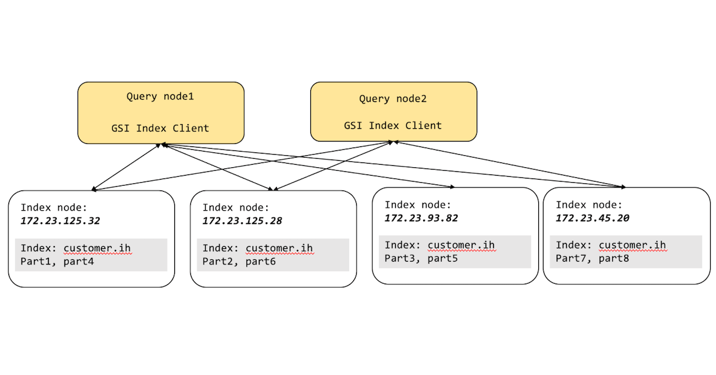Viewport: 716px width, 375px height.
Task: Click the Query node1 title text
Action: pos(160,96)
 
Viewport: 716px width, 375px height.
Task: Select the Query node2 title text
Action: pos(393,99)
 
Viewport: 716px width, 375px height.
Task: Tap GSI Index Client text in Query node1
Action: pos(160,128)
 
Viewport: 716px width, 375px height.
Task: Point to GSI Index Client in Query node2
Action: pos(393,125)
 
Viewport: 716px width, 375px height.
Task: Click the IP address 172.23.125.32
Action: pos(60,221)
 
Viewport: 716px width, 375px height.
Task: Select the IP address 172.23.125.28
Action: pos(242,221)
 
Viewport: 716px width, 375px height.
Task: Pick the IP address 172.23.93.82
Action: pos(421,218)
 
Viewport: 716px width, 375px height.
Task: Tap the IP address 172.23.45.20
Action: pos(592,218)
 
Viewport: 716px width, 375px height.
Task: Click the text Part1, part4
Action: pos(57,261)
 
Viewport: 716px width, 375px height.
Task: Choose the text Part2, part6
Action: pos(239,261)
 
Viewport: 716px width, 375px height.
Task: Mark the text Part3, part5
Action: pos(421,258)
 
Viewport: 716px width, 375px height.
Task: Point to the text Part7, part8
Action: pos(592,258)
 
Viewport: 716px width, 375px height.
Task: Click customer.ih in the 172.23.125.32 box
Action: pos(97,248)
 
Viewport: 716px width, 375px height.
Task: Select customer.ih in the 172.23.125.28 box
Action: pos(279,248)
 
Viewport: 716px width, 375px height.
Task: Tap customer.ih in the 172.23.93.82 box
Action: pos(461,245)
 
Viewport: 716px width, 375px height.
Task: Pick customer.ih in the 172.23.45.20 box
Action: pos(632,245)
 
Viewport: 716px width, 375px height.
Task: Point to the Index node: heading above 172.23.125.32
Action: pos(54,208)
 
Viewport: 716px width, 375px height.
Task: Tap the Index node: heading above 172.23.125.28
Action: pos(236,208)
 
